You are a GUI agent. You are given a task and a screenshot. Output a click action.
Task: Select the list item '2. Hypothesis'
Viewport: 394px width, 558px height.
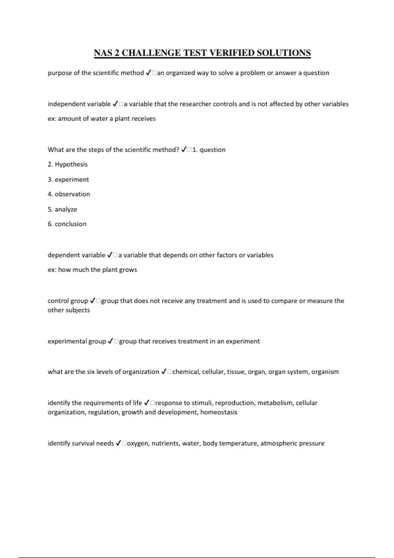click(68, 164)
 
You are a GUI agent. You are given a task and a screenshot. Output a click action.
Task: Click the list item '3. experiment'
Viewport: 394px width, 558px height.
click(68, 180)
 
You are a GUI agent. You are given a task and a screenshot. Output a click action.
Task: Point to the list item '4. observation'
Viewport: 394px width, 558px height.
click(69, 194)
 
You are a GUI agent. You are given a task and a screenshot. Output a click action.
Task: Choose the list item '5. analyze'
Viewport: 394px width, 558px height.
click(62, 209)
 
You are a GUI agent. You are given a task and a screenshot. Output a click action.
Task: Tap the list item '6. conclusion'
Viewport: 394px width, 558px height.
click(67, 224)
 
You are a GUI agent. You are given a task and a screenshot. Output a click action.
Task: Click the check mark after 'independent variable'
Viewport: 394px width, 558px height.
click(115, 104)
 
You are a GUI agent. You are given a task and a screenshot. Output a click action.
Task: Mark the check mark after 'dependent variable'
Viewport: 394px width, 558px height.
click(110, 255)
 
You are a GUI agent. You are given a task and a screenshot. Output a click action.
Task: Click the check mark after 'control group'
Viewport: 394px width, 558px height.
click(93, 301)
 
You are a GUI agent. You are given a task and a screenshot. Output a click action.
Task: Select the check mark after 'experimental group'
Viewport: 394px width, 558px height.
click(111, 341)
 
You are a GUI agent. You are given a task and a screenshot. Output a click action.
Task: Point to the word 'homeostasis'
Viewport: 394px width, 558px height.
click(219, 412)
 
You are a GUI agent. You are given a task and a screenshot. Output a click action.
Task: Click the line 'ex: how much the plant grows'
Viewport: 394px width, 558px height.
click(92, 270)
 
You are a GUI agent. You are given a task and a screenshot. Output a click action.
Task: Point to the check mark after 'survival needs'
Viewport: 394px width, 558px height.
click(119, 443)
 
